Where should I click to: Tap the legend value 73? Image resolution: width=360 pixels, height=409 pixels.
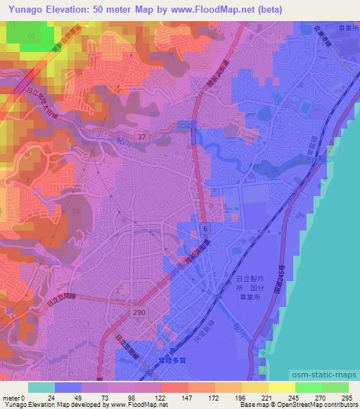click(107, 397)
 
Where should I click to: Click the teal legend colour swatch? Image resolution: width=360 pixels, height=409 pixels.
click(41, 387)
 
